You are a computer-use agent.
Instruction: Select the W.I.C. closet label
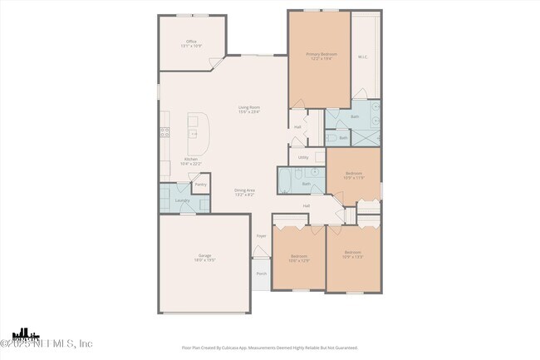coord(363,57)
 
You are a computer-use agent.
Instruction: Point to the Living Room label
coord(249,109)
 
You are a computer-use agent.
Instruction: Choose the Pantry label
coord(200,184)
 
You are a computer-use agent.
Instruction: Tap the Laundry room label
coord(181,200)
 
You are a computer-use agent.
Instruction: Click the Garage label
coord(204,257)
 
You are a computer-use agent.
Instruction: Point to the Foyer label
coord(261,236)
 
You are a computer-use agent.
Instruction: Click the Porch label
coord(261,273)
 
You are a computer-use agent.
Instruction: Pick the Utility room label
coord(303,156)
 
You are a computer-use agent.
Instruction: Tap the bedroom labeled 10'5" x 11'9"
coord(354,175)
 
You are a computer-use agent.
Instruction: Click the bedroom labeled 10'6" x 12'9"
coord(299,258)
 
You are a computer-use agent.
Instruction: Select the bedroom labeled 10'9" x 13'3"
coord(353,254)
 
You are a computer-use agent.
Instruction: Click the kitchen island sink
coord(194,133)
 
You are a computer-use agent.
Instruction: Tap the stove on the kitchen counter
coord(164,131)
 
